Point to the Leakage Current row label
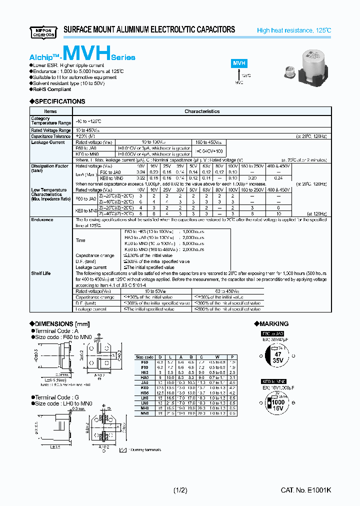click(48, 142)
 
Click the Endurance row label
click(42, 219)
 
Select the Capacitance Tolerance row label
click(50, 136)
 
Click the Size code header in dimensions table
click(145, 357)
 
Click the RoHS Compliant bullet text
click(52, 89)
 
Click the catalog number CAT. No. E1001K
click(305, 490)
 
